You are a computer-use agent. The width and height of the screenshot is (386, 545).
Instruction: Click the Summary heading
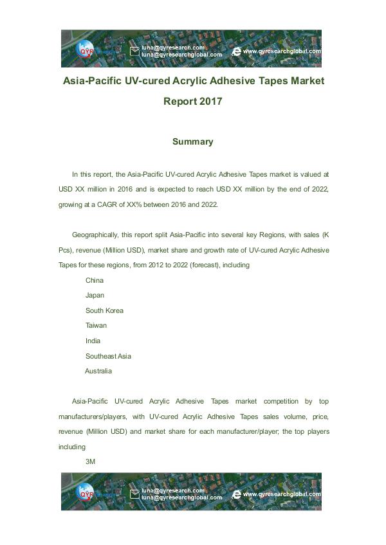tap(192, 141)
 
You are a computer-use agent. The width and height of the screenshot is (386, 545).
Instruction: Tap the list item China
tap(94, 280)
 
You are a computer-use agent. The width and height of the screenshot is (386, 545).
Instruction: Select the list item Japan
tap(95, 295)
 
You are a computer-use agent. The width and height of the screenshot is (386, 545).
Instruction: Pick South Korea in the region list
tap(104, 310)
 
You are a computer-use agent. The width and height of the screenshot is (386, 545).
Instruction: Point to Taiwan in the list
tap(96, 325)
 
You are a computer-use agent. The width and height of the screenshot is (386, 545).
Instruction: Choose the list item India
tap(93, 341)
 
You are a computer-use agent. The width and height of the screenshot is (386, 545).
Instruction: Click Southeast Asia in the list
tap(108, 356)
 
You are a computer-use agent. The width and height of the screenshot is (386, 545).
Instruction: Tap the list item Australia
tap(98, 371)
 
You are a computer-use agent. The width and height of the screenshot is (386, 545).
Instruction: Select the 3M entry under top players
tap(90, 461)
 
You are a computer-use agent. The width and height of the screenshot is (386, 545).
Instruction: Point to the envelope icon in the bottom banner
tap(134, 494)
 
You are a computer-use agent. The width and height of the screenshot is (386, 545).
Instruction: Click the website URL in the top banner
tap(282, 51)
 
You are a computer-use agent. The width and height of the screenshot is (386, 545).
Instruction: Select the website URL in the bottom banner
tap(282, 494)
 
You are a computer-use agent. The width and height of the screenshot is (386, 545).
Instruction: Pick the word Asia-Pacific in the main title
tap(91, 82)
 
